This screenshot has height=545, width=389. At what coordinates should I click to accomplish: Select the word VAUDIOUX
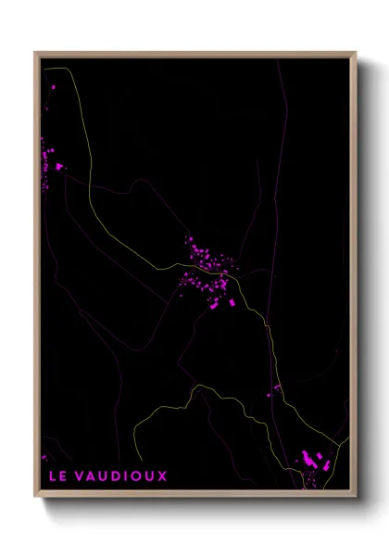coord(119,475)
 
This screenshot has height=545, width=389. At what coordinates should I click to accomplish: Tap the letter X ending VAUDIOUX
coord(162,475)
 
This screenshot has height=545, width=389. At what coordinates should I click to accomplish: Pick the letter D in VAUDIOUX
coord(112,475)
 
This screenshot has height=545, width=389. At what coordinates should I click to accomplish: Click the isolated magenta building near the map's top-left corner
coord(53,86)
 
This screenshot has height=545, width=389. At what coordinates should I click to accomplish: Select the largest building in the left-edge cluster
coord(59,167)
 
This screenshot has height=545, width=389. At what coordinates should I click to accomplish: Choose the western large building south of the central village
coord(214,304)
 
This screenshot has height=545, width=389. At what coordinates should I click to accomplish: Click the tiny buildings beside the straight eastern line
coord(275,389)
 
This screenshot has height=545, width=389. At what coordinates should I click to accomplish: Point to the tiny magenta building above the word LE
coord(44,456)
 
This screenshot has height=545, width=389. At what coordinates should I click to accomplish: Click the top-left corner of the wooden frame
coord(35,52)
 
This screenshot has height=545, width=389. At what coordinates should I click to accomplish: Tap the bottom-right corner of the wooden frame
coord(355,496)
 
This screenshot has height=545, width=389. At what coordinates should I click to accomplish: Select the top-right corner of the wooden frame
coord(355,52)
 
